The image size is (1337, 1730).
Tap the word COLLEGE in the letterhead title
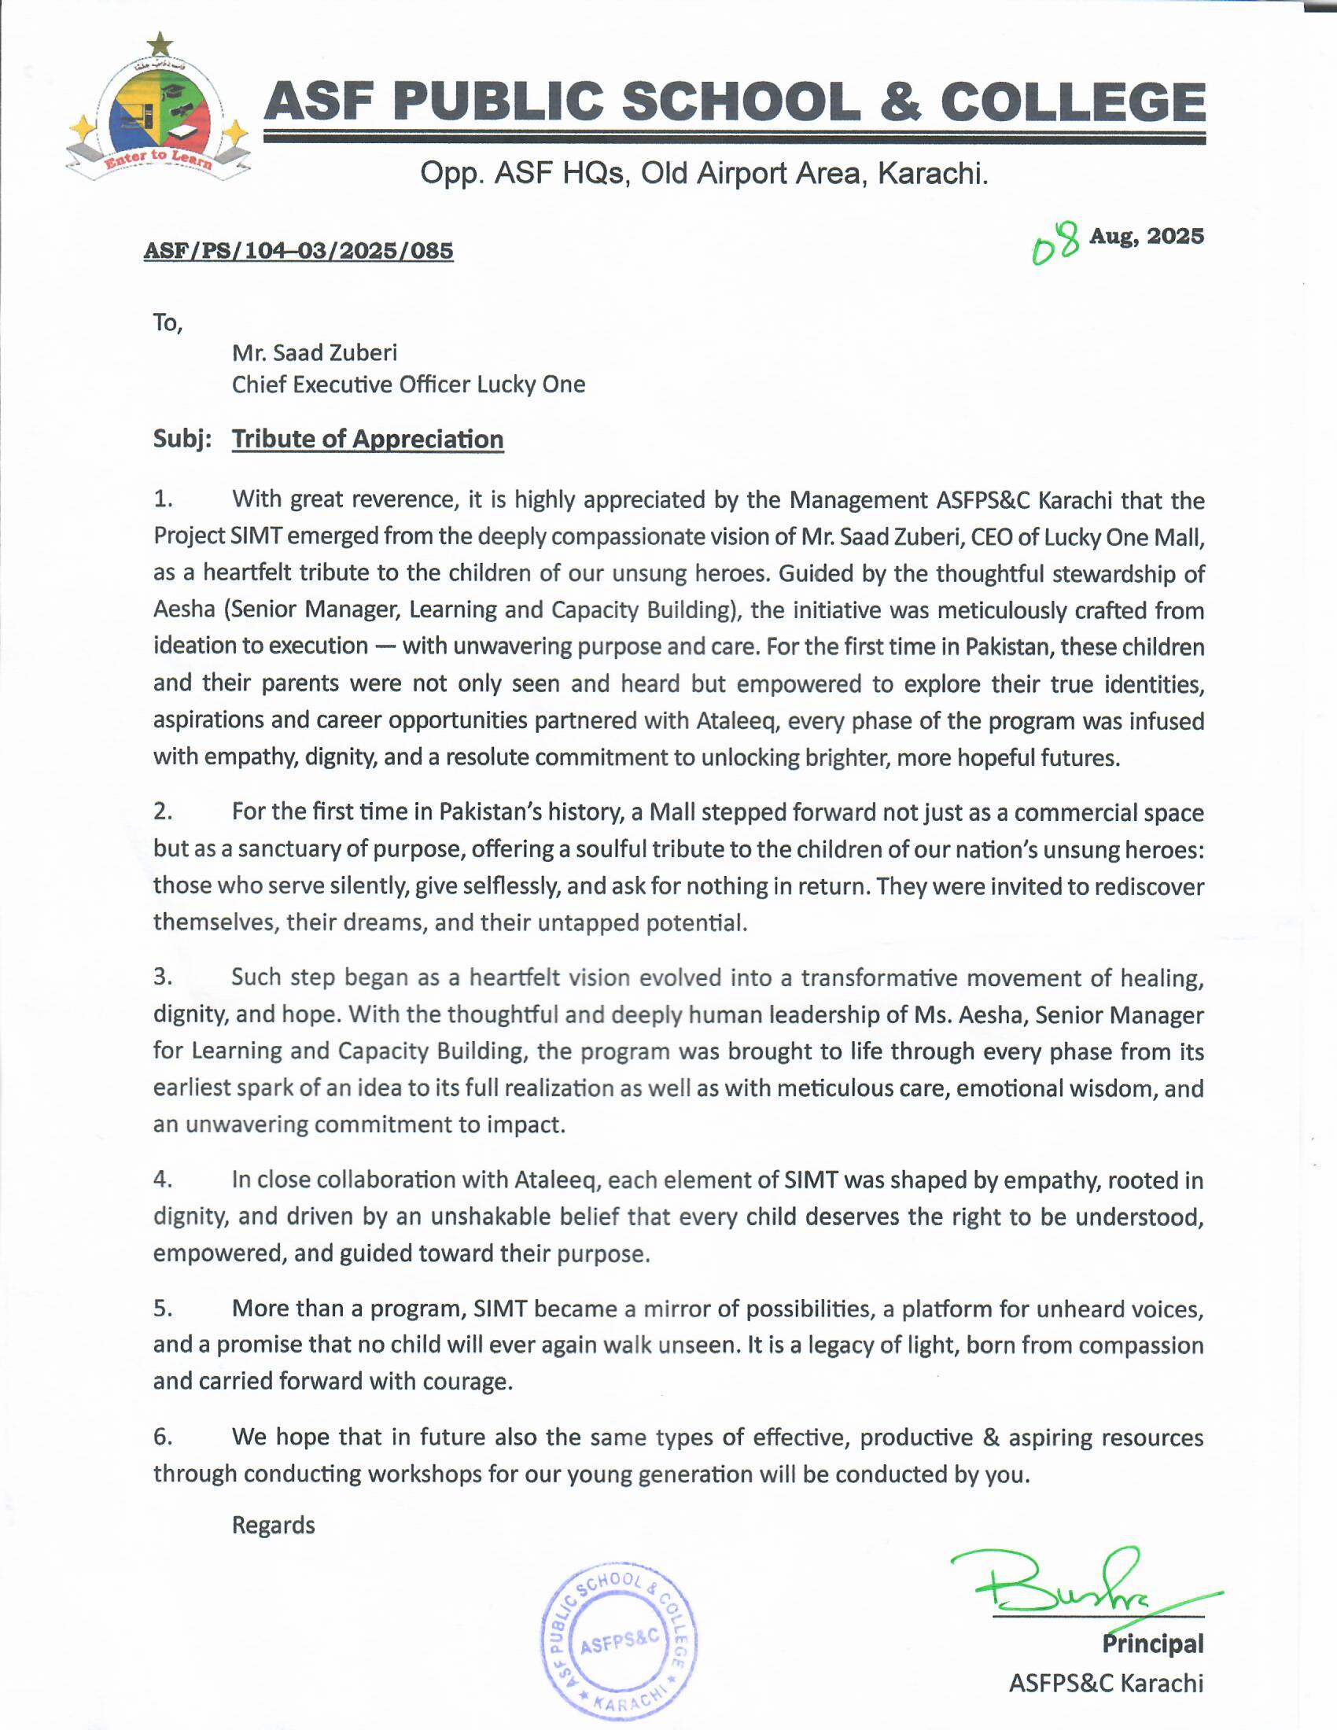(1073, 103)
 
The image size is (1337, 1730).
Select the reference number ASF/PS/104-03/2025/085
(299, 251)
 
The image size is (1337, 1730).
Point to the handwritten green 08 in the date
(1055, 242)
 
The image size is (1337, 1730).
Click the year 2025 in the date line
(1176, 236)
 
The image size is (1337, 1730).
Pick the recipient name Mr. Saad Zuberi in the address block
(315, 352)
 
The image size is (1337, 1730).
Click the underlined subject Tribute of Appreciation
(367, 439)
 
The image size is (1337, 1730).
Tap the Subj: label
(182, 439)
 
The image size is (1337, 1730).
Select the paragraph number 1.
(162, 499)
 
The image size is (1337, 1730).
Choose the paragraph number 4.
(162, 1179)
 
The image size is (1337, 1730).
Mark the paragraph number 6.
(162, 1436)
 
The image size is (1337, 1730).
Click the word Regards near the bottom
(273, 1525)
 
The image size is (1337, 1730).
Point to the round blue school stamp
(619, 1641)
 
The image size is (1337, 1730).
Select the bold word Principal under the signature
(1152, 1643)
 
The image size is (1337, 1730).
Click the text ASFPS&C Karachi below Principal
(1106, 1683)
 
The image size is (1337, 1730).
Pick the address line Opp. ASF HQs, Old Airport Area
(703, 173)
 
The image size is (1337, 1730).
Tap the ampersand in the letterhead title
(900, 103)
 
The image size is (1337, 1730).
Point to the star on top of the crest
(160, 44)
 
